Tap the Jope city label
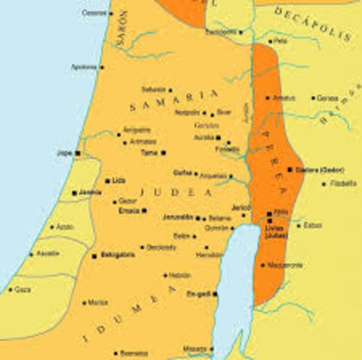[x=64, y=153]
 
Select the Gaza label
[x=23, y=289]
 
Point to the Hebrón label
[x=179, y=274]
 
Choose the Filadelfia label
[x=344, y=182]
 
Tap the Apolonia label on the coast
[x=84, y=67]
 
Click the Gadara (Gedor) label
[x=319, y=169]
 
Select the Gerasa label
[x=327, y=97]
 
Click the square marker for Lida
[x=107, y=181]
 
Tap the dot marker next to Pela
[x=267, y=41]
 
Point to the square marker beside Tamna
[x=162, y=153]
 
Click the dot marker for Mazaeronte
[x=262, y=265]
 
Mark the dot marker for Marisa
[x=84, y=303]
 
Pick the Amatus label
[x=283, y=97]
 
